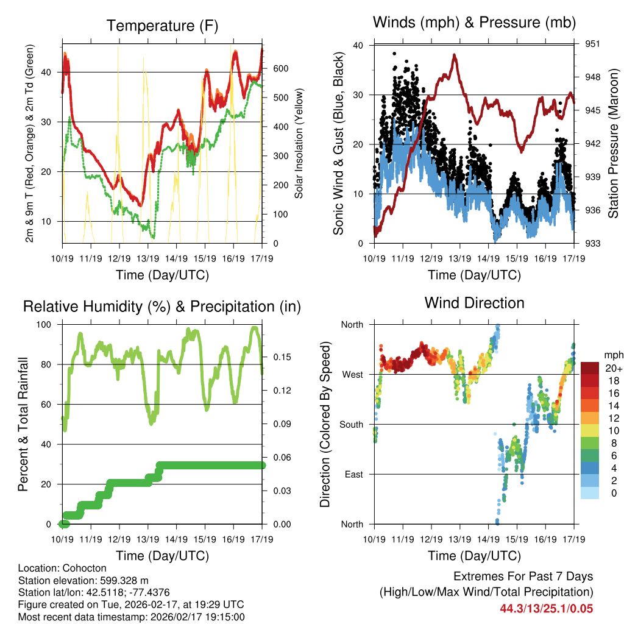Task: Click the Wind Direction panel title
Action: point(474,302)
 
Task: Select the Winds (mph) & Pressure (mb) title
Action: point(474,23)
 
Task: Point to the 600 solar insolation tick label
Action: point(280,68)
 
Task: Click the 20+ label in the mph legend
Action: point(612,369)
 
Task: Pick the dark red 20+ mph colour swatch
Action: point(591,368)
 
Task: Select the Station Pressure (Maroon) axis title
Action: point(614,143)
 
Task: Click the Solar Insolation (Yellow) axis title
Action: point(299,143)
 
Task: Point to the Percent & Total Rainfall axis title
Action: point(23,424)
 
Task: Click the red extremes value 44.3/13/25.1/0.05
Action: point(546,608)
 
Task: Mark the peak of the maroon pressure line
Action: point(455,55)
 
